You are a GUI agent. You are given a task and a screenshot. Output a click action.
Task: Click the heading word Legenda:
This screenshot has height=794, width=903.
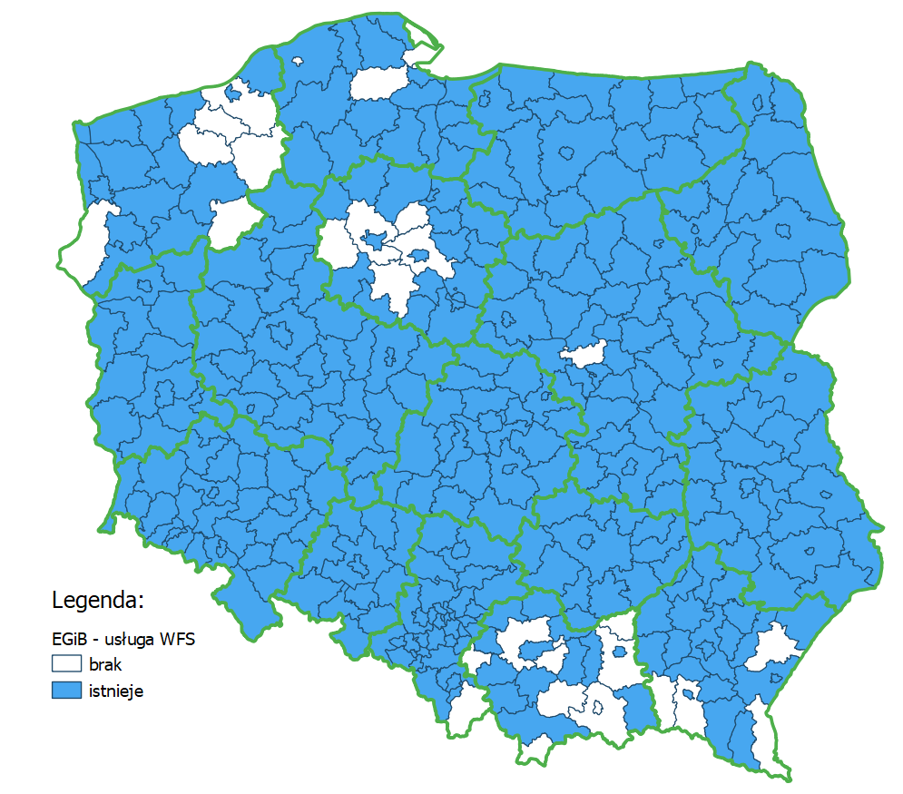pyautogui.click(x=98, y=601)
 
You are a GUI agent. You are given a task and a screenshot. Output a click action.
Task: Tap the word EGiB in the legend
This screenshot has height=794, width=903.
pyautogui.click(x=69, y=640)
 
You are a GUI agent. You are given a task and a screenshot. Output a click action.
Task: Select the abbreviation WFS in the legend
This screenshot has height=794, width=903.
pyautogui.click(x=178, y=640)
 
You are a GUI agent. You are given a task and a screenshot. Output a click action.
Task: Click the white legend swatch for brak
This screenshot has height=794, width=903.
pyautogui.click(x=66, y=664)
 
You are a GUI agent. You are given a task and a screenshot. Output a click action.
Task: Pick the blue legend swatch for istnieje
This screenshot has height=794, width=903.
pyautogui.click(x=66, y=691)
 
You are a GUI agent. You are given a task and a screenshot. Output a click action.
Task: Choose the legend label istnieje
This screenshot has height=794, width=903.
pyautogui.click(x=116, y=691)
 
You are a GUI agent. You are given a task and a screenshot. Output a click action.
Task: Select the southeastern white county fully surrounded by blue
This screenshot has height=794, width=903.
pyautogui.click(x=771, y=646)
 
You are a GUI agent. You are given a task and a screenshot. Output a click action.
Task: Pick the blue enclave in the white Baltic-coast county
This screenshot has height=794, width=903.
pyautogui.click(x=234, y=92)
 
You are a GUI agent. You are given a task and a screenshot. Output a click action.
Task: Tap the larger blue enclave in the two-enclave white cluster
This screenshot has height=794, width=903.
pyautogui.click(x=374, y=240)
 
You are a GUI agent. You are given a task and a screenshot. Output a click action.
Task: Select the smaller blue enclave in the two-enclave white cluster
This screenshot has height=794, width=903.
pyautogui.click(x=420, y=254)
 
